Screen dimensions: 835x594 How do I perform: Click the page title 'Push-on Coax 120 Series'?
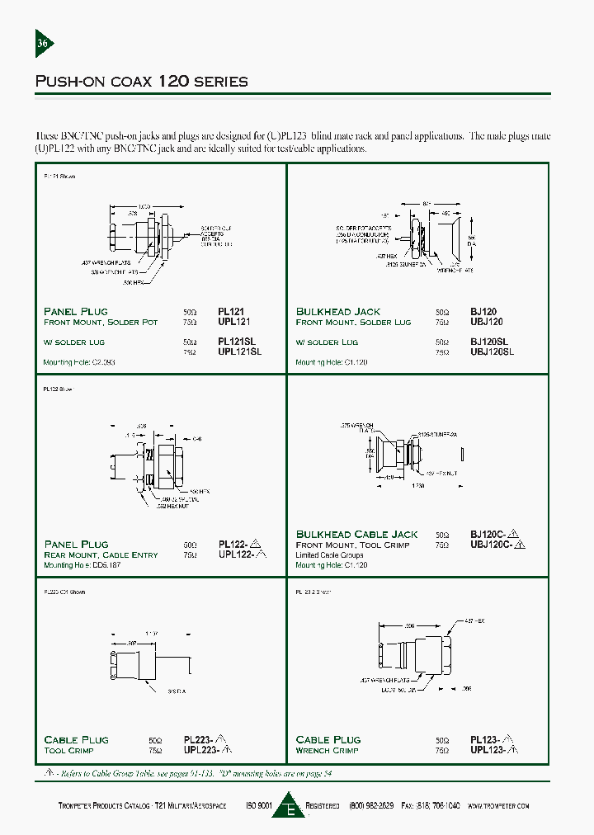tap(141, 81)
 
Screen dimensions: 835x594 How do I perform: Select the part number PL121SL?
tap(238, 342)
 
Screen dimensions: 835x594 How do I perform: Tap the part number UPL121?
tap(233, 322)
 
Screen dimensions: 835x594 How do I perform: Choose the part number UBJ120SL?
tap(492, 351)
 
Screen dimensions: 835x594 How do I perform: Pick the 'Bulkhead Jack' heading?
tap(338, 312)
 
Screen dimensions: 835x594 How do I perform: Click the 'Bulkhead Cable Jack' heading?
tap(357, 535)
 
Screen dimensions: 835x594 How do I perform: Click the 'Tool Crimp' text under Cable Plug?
tap(69, 750)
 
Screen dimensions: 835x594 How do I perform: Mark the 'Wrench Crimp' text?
tap(326, 750)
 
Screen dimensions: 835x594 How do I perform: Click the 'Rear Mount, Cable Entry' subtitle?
tap(101, 554)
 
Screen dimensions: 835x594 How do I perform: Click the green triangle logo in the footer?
tap(290, 806)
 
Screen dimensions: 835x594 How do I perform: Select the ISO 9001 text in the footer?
tap(257, 805)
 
